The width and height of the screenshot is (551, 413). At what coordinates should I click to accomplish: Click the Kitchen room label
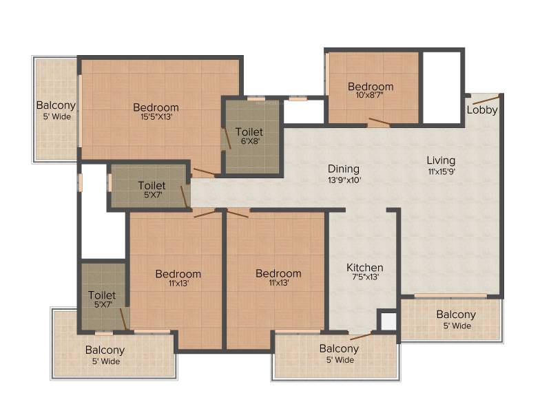(365, 267)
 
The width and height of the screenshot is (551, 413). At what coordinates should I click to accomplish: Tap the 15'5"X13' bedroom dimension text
(156, 116)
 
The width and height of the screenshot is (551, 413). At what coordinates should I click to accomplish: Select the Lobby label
(482, 110)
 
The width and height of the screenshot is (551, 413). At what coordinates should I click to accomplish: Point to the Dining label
(343, 169)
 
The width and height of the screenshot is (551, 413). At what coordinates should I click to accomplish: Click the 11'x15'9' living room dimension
(441, 171)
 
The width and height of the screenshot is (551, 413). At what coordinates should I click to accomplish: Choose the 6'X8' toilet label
(250, 141)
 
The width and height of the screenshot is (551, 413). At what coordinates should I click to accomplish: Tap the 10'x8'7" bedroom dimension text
(370, 95)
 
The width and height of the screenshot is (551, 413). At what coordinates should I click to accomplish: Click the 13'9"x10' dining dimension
(344, 180)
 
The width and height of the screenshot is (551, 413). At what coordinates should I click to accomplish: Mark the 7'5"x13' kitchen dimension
(366, 277)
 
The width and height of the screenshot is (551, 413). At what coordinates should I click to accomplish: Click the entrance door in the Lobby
(486, 99)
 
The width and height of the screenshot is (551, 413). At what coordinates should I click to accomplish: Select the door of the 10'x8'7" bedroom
(380, 122)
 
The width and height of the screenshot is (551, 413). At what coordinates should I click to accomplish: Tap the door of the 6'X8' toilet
(226, 138)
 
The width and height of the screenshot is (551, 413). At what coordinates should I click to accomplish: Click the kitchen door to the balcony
(361, 336)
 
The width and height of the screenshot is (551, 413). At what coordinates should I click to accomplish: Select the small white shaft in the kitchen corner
(388, 321)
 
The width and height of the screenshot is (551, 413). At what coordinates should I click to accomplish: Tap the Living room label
(441, 160)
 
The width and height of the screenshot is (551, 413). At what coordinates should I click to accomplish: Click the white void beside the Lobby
(441, 87)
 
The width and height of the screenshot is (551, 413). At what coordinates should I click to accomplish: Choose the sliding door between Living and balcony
(450, 296)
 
